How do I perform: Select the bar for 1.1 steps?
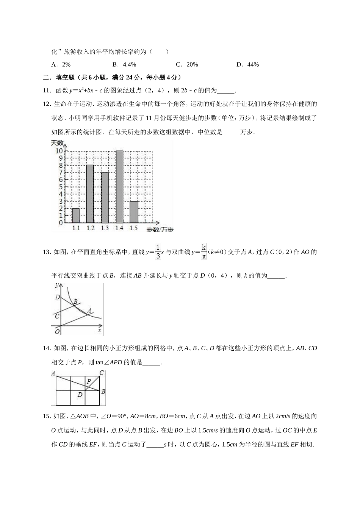click(76, 215)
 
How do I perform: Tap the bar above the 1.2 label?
click(90, 194)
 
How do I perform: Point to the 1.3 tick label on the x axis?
click(105, 228)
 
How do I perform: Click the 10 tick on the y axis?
click(59, 151)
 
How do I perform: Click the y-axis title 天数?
click(57, 143)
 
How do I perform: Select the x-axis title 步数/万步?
click(160, 230)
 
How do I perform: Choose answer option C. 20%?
click(187, 64)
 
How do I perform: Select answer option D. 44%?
click(247, 64)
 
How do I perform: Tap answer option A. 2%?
click(61, 64)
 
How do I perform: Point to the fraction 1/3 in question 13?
click(158, 251)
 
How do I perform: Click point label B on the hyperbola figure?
click(75, 302)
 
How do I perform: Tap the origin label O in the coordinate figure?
click(57, 331)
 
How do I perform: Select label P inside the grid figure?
click(89, 381)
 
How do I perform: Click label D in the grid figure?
click(80, 395)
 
